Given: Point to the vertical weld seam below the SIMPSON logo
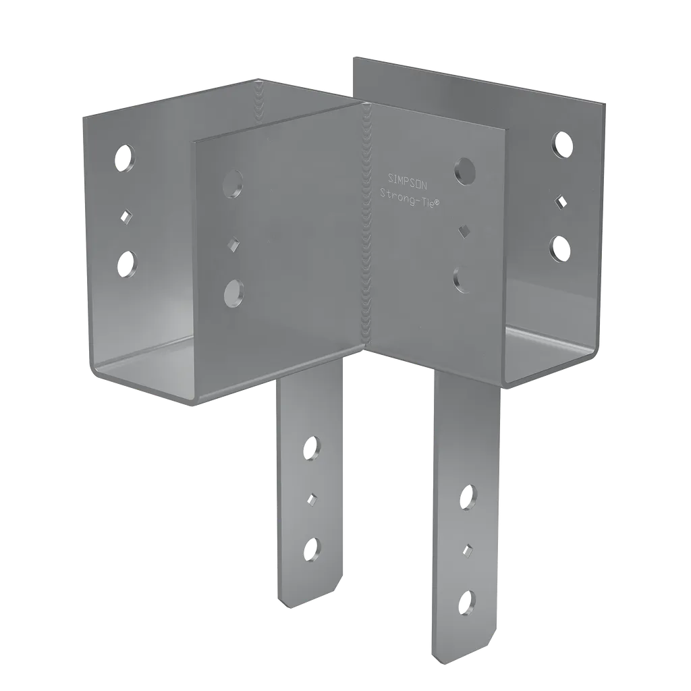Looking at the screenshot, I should coord(368,270).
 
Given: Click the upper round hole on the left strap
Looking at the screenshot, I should coord(311,447).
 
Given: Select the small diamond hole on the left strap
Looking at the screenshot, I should coord(311,498).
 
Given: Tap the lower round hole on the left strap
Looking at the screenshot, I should coord(311,549).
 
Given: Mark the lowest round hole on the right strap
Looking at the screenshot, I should coord(466,601).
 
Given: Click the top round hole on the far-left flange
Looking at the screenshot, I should coord(124,159).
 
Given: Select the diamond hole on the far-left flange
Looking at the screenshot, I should coord(124,215).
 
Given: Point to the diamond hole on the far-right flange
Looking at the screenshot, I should coord(561,200).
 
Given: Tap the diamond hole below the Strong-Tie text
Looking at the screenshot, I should coord(464,231).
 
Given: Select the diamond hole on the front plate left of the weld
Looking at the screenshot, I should coord(233,242).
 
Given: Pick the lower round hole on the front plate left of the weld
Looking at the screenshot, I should coord(233,292).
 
